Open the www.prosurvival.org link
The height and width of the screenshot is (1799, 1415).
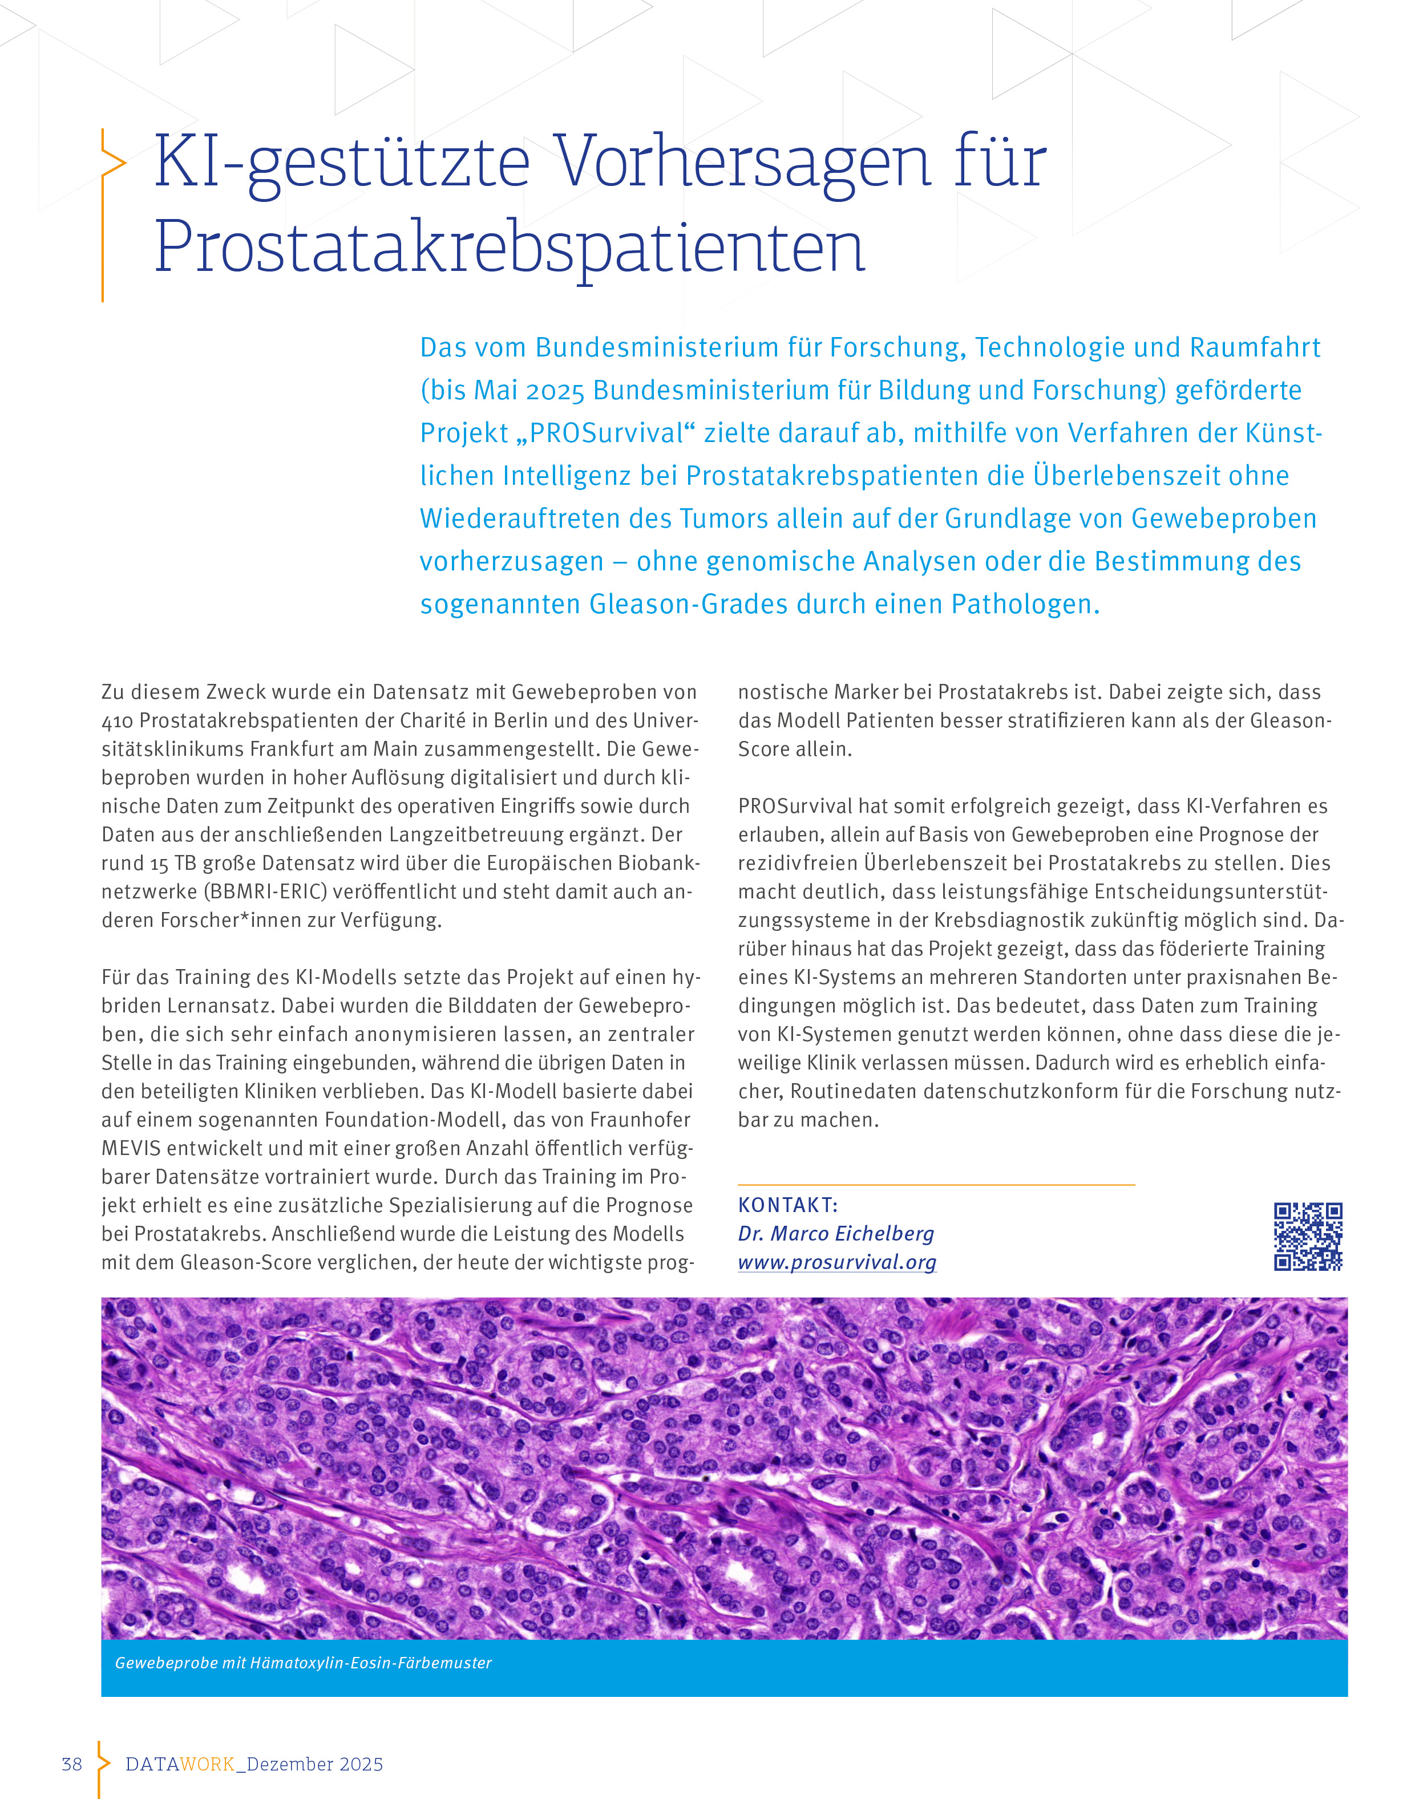(837, 1262)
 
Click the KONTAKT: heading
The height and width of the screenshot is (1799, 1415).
(788, 1205)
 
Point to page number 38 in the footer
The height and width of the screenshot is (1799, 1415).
(72, 1764)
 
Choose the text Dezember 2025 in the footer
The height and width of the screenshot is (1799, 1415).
(315, 1764)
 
